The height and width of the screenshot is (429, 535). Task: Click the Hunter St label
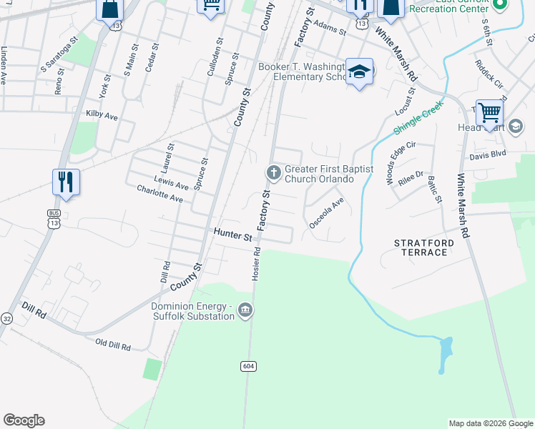tap(233, 235)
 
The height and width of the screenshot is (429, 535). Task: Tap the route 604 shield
tap(247, 366)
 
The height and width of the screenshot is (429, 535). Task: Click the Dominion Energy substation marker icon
tap(245, 310)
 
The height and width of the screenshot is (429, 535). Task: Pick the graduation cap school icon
tap(360, 71)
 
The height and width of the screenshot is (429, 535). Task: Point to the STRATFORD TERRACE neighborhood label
tap(424, 248)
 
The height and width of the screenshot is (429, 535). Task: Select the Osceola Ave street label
tap(326, 212)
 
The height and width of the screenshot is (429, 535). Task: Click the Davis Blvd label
tap(488, 154)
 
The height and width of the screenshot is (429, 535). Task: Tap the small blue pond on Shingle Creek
tap(446, 349)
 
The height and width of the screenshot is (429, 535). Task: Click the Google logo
tap(24, 420)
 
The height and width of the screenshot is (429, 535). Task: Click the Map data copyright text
tap(491, 423)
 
